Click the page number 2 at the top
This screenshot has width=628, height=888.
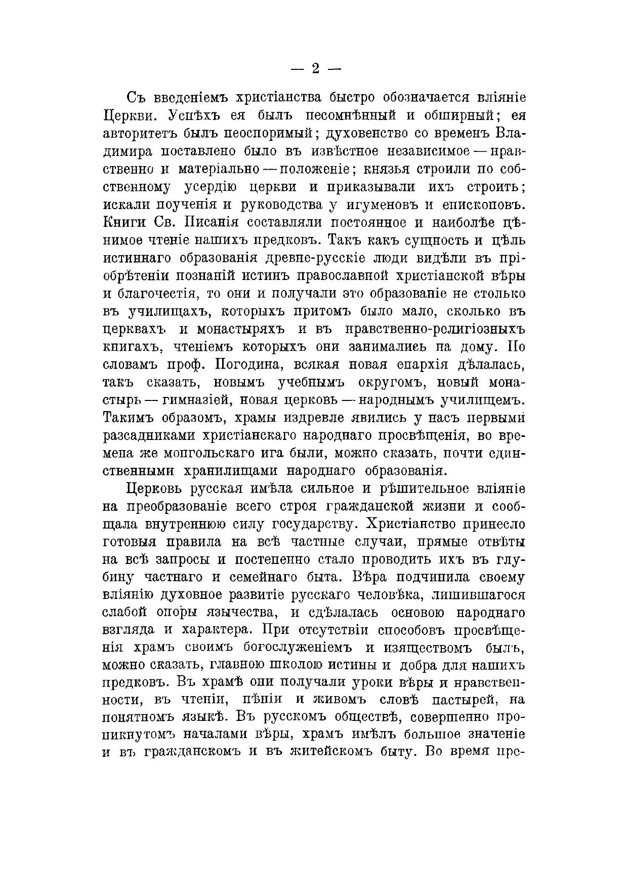314,69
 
